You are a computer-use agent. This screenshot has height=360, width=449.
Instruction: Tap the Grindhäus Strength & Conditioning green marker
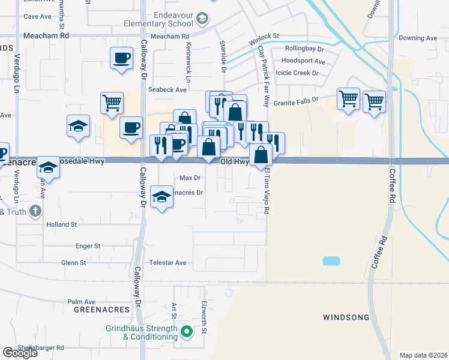(187, 331)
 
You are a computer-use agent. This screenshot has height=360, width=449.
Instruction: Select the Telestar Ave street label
(172, 263)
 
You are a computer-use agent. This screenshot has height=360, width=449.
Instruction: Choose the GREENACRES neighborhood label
(101, 309)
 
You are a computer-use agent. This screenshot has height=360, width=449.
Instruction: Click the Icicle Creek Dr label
(297, 73)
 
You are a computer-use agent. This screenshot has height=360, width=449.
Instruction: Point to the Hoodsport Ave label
(303, 61)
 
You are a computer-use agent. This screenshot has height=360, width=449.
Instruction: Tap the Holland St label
(62, 224)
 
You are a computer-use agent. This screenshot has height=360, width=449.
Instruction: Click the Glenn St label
(74, 263)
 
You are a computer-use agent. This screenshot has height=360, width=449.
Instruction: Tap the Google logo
(20, 353)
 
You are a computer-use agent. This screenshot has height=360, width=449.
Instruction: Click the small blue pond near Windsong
(331, 261)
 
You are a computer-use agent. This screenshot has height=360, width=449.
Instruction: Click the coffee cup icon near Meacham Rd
(122, 58)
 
